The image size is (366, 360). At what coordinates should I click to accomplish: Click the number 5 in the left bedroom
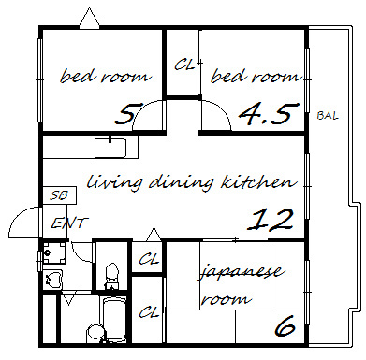click(x=124, y=113)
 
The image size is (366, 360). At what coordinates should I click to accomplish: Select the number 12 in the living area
click(x=271, y=220)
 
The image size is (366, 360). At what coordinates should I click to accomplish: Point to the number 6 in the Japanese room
click(x=285, y=325)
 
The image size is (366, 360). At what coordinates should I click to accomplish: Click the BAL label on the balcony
click(x=328, y=116)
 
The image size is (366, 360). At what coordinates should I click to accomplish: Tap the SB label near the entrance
click(x=59, y=195)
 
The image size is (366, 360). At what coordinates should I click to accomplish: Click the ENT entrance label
click(x=69, y=223)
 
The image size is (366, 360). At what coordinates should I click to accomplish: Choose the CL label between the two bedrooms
click(x=184, y=65)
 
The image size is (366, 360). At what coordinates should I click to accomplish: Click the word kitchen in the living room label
click(x=258, y=182)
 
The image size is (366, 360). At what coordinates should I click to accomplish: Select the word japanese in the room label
click(x=241, y=272)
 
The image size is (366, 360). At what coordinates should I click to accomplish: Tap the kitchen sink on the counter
click(x=110, y=148)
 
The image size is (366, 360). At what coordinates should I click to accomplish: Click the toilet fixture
click(x=111, y=276)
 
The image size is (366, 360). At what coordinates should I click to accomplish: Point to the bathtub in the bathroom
click(x=114, y=319)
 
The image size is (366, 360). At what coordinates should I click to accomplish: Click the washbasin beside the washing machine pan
click(x=53, y=280)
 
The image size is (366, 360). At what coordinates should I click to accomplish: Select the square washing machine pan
click(x=54, y=252)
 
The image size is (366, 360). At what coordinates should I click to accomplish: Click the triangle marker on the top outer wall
click(x=90, y=19)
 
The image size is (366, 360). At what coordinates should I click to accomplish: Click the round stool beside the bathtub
click(x=95, y=332)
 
